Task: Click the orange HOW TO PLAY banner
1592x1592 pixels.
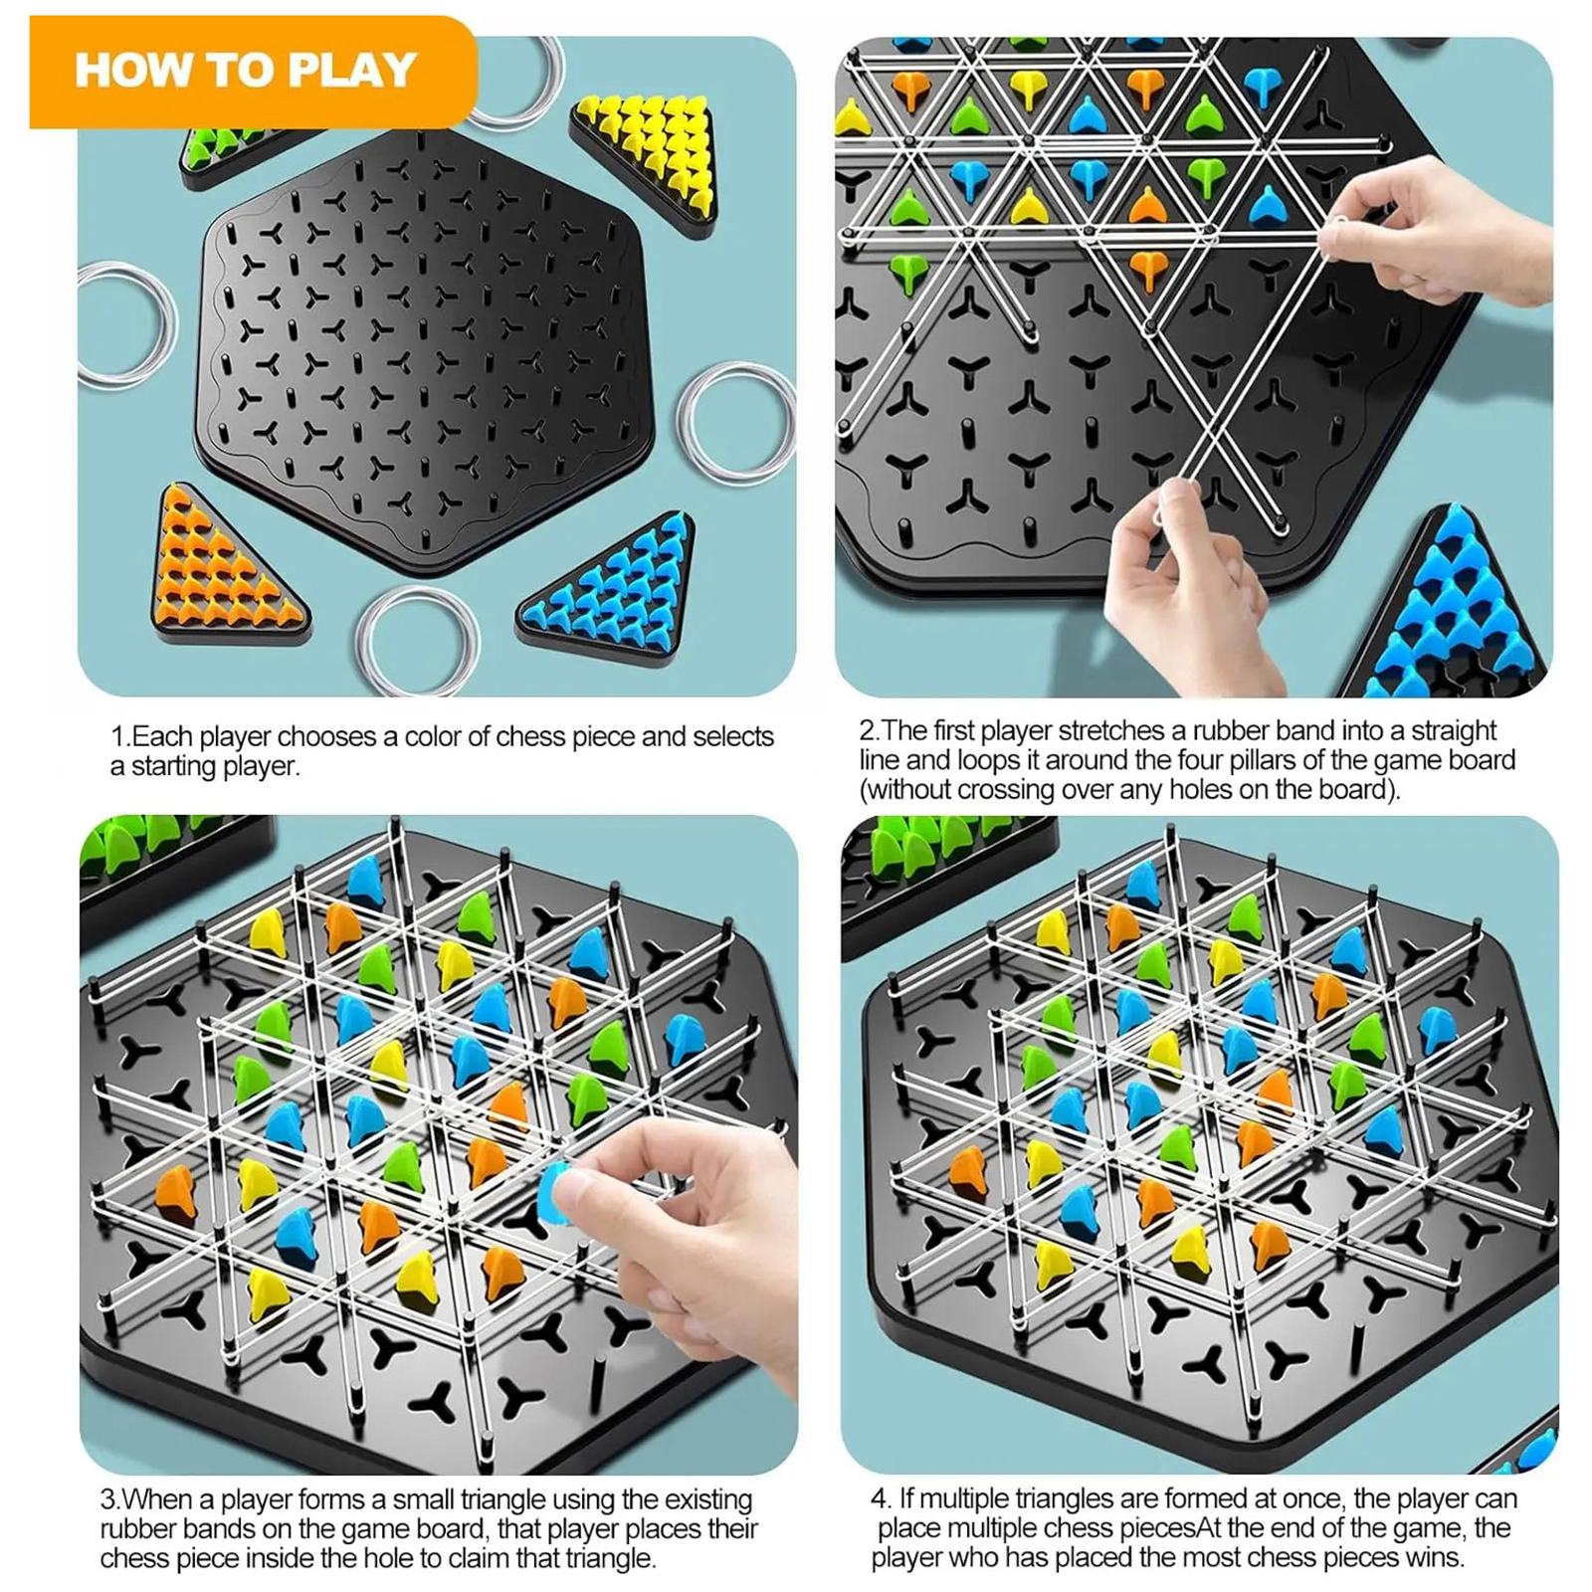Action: [253, 72]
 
